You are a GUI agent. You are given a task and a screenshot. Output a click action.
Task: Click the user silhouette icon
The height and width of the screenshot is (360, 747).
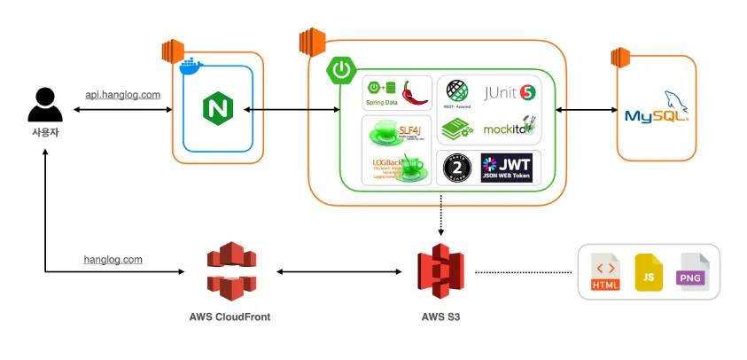tap(44, 105)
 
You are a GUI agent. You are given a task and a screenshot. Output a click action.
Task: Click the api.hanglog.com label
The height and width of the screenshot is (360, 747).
tap(122, 95)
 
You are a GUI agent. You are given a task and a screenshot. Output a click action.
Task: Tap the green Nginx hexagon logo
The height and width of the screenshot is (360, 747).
tap(217, 109)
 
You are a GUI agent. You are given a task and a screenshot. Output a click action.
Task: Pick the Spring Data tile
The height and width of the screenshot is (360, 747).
tap(397, 92)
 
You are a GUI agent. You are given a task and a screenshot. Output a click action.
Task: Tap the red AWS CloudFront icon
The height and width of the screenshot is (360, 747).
tap(230, 270)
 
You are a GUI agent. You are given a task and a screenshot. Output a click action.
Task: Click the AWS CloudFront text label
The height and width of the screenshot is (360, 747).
tap(230, 316)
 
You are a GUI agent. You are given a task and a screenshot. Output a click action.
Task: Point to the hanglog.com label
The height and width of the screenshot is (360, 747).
tap(113, 260)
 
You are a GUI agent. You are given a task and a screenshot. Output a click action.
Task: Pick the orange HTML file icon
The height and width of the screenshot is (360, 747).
tap(605, 272)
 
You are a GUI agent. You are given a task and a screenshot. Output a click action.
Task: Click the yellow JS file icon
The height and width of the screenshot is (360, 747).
tap(649, 272)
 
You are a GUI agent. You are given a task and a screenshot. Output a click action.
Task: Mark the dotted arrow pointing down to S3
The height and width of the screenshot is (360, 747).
tap(440, 221)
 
